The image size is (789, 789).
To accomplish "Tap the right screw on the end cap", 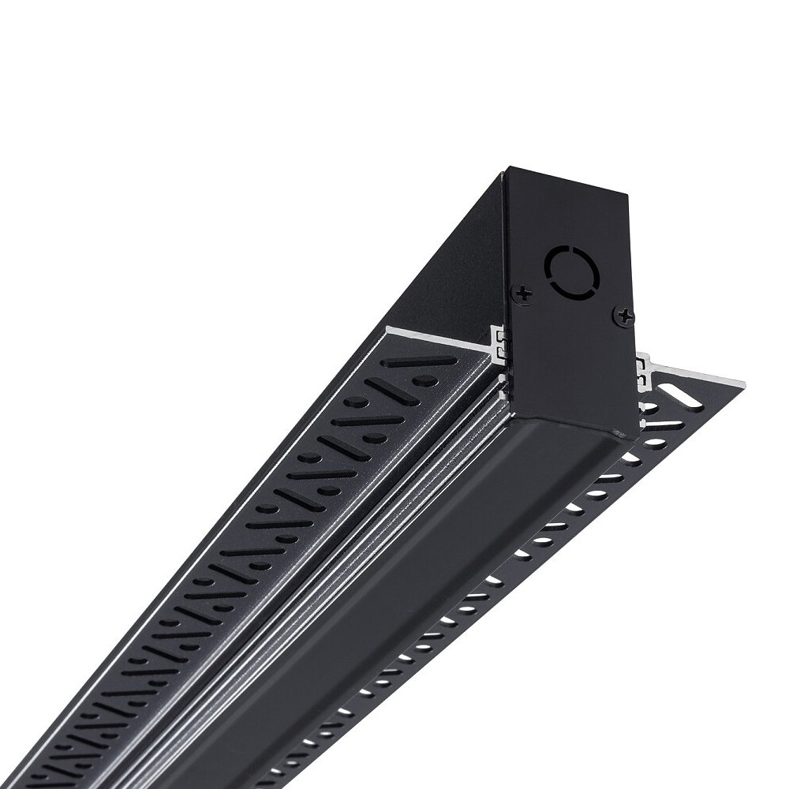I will [x=624, y=316].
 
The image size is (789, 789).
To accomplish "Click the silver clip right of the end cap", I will [x=644, y=367].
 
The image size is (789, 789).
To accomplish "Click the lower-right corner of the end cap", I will [x=638, y=432].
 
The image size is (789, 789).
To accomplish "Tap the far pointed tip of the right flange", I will [x=744, y=383].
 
